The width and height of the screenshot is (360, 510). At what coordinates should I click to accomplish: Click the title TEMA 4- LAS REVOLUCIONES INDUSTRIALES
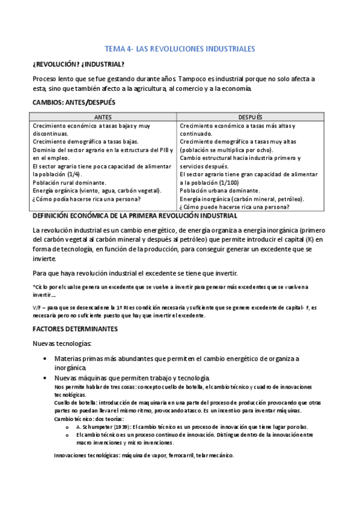click(180, 48)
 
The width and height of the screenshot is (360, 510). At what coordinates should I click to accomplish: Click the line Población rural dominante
click(70, 182)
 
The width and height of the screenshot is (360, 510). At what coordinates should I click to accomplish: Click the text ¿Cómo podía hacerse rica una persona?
click(87, 198)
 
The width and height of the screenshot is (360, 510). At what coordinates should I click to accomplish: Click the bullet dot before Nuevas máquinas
click(46, 378)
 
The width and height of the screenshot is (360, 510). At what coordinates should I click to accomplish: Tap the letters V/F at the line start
click(37, 307)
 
